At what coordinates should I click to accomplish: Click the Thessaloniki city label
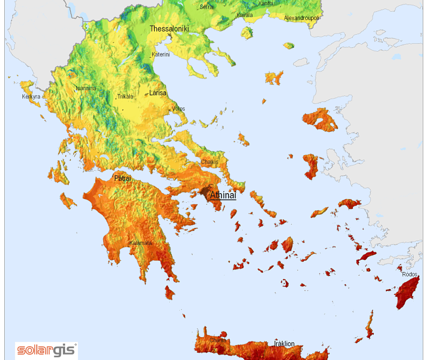169,29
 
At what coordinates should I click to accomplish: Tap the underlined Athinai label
223,195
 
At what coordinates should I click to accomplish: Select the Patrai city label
122,178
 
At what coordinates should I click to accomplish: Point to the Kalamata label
140,243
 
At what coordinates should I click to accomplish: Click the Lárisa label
157,93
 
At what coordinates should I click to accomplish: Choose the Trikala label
125,97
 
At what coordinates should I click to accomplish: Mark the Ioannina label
86,88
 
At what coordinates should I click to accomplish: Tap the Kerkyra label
31,97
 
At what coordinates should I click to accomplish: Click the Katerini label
161,54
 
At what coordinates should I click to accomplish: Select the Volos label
178,109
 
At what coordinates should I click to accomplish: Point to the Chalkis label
210,162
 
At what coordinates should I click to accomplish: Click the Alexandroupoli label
302,18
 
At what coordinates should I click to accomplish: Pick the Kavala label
244,15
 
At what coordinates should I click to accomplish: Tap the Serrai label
207,7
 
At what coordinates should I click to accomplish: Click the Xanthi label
265,3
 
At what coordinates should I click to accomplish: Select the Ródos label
409,274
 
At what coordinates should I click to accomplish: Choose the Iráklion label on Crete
284,343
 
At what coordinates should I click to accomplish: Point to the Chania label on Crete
217,340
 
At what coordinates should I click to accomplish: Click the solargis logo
46,350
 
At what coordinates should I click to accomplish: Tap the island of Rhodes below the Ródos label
407,293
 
